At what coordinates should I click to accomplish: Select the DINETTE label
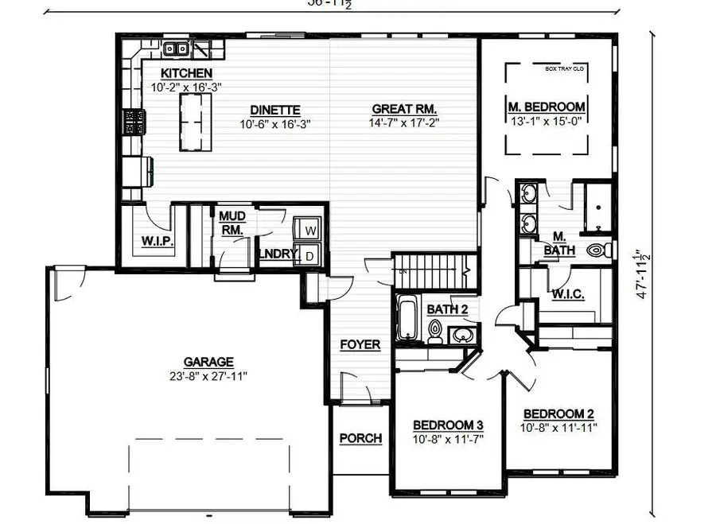click(x=274, y=110)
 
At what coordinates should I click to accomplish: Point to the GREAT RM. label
click(x=404, y=109)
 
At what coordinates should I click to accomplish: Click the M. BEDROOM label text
click(x=547, y=107)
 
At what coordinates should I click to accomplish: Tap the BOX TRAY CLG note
click(x=564, y=68)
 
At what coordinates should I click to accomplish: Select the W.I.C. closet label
click(x=567, y=294)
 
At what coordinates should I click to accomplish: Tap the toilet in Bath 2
click(x=435, y=329)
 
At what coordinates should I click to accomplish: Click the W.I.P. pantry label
click(x=158, y=241)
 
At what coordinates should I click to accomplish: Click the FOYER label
click(x=360, y=344)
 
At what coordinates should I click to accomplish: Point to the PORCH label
click(x=360, y=438)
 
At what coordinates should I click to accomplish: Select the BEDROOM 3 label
click(x=449, y=425)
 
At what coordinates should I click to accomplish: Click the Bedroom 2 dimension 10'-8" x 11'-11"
click(x=559, y=427)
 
